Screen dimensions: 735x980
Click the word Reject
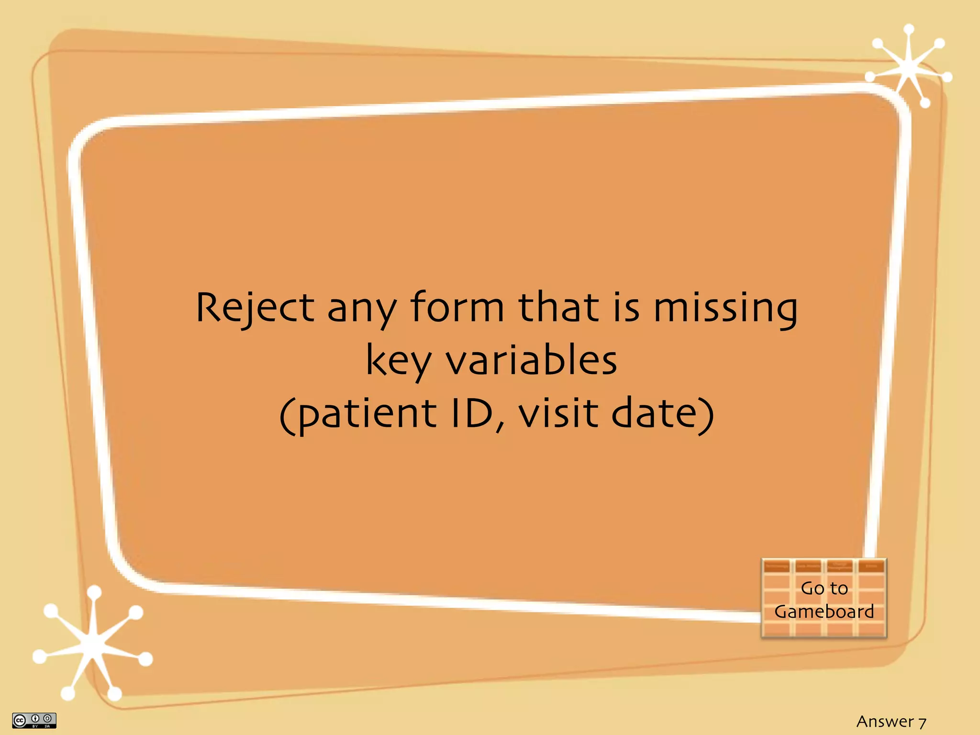pos(255,308)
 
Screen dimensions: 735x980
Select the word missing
pos(725,309)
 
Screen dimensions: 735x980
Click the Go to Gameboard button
pos(824,599)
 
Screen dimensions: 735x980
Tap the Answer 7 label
pos(891,721)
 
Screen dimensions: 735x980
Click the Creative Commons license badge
pos(34,720)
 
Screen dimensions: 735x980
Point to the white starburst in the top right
pos(908,67)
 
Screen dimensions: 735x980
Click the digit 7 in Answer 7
pos(922,722)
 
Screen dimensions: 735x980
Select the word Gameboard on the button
pos(824,612)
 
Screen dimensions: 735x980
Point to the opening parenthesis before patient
pos(286,415)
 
